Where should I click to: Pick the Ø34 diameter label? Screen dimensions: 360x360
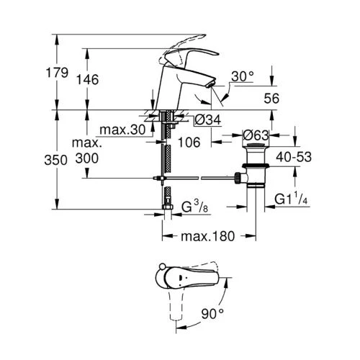pyautogui.click(x=207, y=120)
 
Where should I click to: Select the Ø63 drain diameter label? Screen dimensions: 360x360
pyautogui.click(x=257, y=134)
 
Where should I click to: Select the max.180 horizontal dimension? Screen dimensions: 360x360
pyautogui.click(x=208, y=236)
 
